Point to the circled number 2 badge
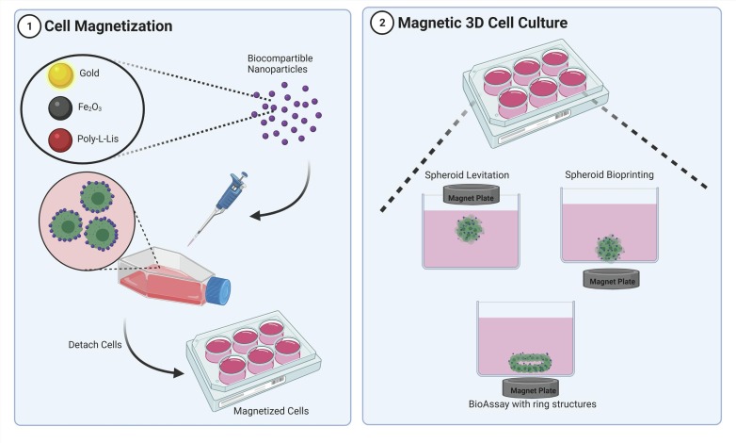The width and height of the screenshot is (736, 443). [x=381, y=25]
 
